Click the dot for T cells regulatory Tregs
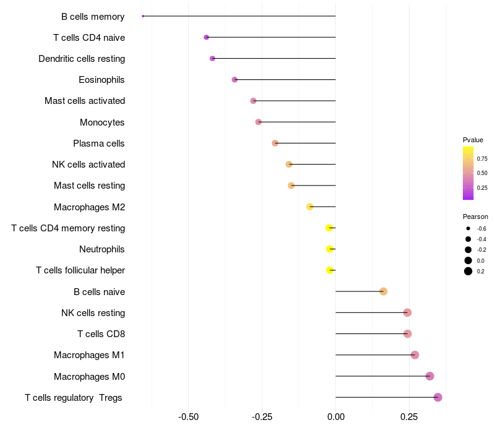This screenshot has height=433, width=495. tap(438, 397)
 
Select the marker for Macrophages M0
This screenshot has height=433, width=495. tap(430, 376)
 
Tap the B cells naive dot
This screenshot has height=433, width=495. tap(384, 291)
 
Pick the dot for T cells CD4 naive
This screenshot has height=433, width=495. tap(207, 38)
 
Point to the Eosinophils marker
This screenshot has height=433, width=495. tap(235, 80)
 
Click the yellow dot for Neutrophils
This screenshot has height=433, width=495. tap(330, 249)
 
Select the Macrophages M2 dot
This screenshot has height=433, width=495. tap(310, 207)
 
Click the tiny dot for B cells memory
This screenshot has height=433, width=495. tap(143, 16)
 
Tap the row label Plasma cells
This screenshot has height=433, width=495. tap(99, 144)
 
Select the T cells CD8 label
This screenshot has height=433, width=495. tap(101, 334)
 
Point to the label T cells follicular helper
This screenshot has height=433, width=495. tap(80, 270)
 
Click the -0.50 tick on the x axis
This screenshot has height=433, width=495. tap(188, 417)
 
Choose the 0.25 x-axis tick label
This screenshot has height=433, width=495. tap(409, 417)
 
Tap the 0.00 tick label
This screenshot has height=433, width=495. tap(335, 417)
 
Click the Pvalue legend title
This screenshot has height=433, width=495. tap(473, 140)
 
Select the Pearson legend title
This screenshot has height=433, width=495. tap(475, 216)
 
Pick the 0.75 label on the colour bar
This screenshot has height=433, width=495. tap(482, 158)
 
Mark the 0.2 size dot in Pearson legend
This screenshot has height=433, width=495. tap(468, 271)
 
